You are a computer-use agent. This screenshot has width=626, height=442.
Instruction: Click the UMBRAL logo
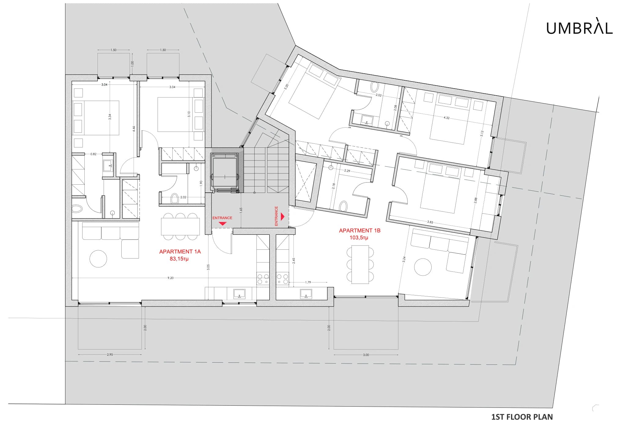point(580,28)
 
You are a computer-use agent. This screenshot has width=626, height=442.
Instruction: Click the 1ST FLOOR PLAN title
point(522,417)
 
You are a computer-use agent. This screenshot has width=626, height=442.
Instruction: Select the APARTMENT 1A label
point(180,252)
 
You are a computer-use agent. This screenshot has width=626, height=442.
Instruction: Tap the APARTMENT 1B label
point(360,231)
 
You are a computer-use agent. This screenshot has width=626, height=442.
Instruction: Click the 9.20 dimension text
point(171,278)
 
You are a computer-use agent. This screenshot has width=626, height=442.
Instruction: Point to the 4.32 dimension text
point(446,118)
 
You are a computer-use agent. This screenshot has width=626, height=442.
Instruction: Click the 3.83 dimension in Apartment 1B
point(430,222)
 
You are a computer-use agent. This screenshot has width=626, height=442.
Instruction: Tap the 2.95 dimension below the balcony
point(110,355)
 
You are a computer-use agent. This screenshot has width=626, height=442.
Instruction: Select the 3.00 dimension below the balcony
point(366,355)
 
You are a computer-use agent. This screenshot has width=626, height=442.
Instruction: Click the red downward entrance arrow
point(223,223)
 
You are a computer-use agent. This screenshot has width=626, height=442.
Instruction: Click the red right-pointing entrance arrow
point(283,217)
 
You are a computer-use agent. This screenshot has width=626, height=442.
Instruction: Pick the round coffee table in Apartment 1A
point(98,259)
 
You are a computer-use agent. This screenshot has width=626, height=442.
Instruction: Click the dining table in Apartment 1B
point(360,265)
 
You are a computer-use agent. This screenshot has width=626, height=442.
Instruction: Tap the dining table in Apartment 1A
point(180,226)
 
